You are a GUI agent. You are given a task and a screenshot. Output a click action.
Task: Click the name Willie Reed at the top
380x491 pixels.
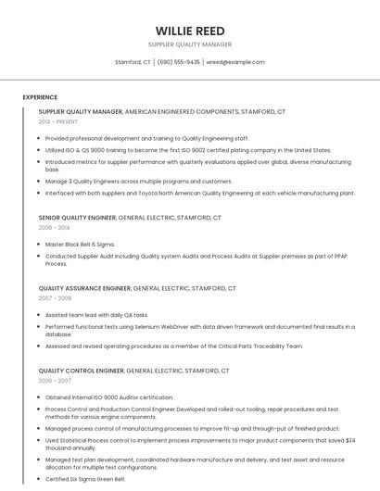pyautogui.click(x=190, y=31)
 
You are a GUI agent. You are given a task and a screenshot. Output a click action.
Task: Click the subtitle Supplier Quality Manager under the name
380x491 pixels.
pyautogui.click(x=190, y=44)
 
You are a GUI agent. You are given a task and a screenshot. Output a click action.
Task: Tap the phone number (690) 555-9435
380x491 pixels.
pyautogui.click(x=179, y=62)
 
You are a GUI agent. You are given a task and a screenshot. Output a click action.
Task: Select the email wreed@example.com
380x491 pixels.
pyautogui.click(x=235, y=62)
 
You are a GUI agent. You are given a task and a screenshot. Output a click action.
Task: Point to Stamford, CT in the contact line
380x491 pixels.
pyautogui.click(x=133, y=62)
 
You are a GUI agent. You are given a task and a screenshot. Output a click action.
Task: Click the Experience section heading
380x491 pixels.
pyautogui.click(x=40, y=97)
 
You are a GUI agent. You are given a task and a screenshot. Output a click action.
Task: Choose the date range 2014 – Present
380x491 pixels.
pyautogui.click(x=57, y=121)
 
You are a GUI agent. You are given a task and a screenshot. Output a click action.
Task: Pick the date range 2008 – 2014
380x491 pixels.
pyautogui.click(x=54, y=227)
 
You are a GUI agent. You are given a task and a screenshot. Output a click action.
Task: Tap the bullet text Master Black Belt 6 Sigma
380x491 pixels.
pyautogui.click(x=86, y=245)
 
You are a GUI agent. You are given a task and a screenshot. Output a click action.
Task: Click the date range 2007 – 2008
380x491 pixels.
pyautogui.click(x=55, y=298)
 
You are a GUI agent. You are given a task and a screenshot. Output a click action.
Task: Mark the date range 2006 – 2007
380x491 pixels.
pyautogui.click(x=55, y=381)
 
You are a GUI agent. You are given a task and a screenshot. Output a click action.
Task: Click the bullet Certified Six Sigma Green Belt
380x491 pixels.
pyautogui.click(x=85, y=479)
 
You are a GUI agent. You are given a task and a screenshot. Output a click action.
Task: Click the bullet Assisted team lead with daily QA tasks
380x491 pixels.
pyautogui.click(x=96, y=315)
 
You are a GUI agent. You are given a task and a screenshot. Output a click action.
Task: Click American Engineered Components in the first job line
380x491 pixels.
pyautogui.click(x=181, y=111)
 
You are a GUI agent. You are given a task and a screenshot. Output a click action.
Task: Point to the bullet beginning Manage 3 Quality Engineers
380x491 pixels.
pyautogui.click(x=139, y=182)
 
